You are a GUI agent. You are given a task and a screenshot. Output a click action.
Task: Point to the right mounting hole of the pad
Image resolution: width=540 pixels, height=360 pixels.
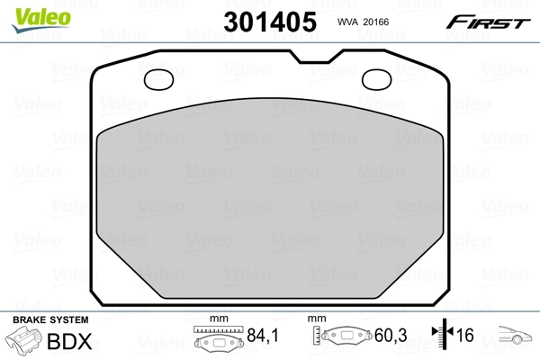tap(379, 81)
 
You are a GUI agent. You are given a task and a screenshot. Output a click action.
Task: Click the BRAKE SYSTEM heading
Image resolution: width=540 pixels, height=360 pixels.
tap(49, 319)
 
